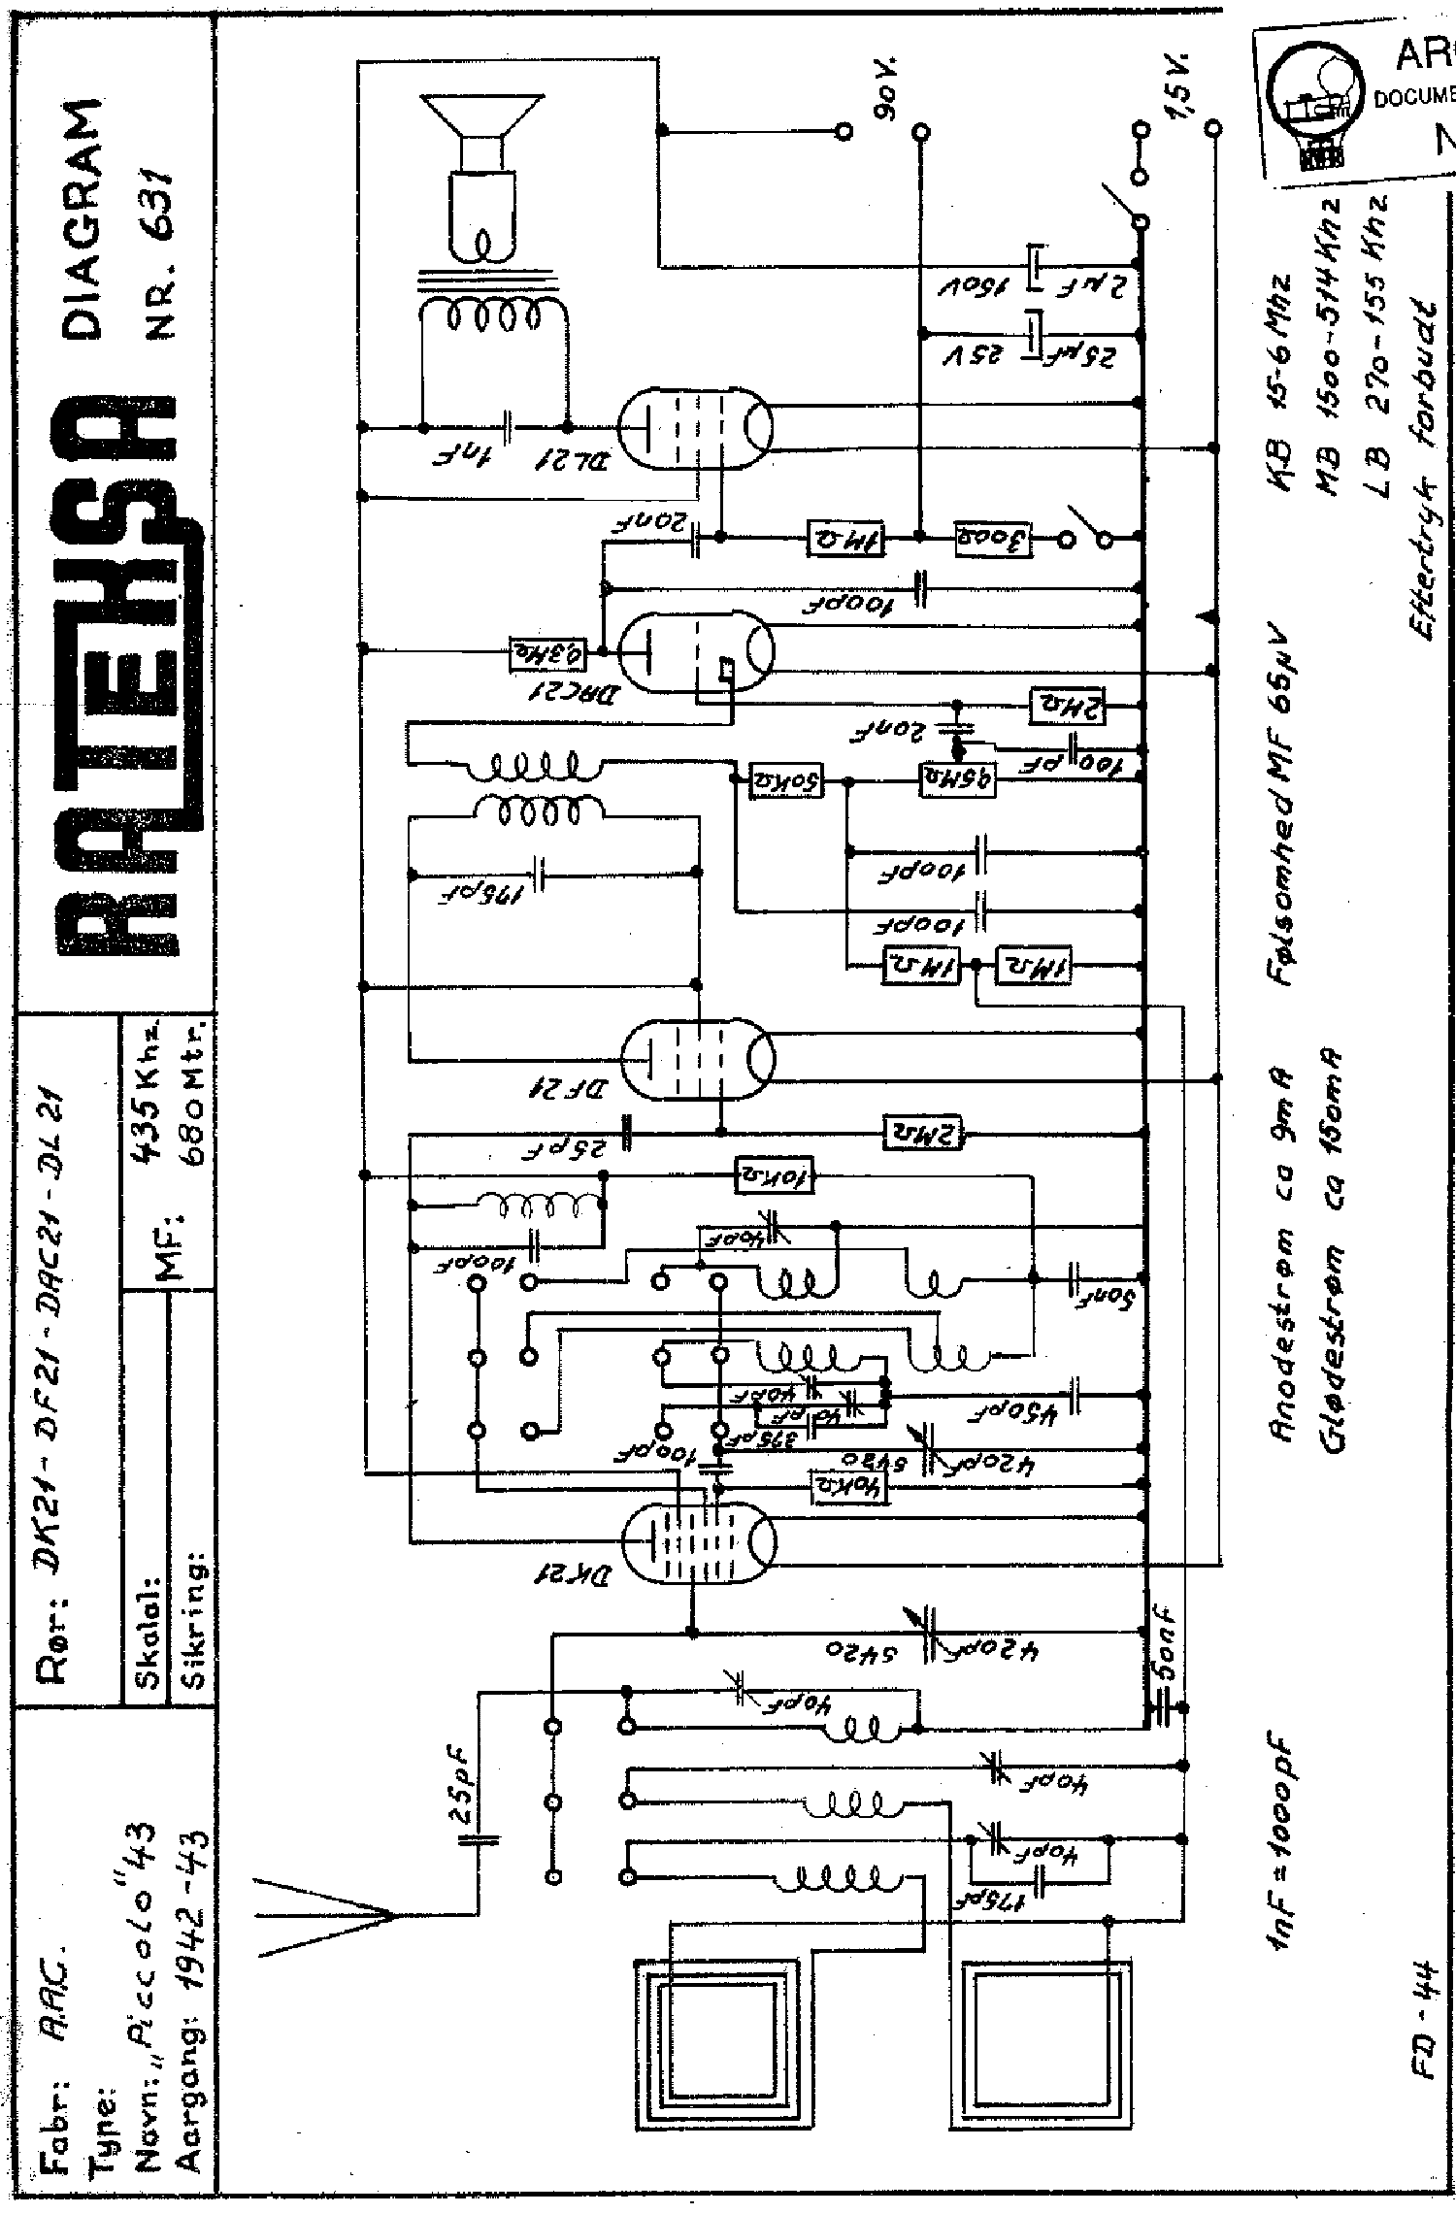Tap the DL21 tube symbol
695,426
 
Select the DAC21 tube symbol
695,651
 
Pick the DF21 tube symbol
695,1055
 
